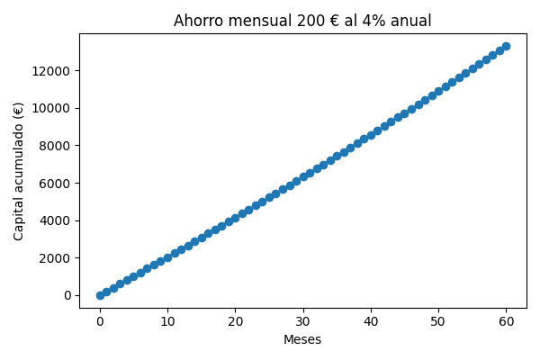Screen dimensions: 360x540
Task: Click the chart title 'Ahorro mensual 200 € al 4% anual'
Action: [302, 21]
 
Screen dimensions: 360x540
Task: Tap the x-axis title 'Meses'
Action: [302, 340]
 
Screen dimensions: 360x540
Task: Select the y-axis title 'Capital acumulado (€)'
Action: [19, 171]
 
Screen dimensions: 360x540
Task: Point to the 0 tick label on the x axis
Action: [100, 322]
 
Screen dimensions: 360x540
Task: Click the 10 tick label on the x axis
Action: [167, 322]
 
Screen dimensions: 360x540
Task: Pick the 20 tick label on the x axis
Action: [235, 322]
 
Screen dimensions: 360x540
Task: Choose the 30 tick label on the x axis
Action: [303, 322]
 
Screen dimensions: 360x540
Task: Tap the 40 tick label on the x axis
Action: [371, 322]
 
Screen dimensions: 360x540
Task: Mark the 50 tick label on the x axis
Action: [438, 322]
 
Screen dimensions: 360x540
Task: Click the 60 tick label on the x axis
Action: [506, 322]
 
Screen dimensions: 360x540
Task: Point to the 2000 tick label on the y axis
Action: [56, 258]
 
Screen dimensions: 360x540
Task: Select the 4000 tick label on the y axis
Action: [56, 220]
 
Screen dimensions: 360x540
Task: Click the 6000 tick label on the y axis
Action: [56, 183]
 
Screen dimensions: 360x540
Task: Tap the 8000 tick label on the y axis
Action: [56, 146]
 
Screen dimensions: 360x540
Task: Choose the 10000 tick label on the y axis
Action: [52, 108]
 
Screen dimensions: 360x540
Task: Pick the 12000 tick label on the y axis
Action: [52, 71]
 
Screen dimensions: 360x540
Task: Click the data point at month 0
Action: [100, 295]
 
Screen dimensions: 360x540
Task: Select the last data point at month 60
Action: [506, 46]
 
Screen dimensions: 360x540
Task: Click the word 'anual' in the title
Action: [410, 21]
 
